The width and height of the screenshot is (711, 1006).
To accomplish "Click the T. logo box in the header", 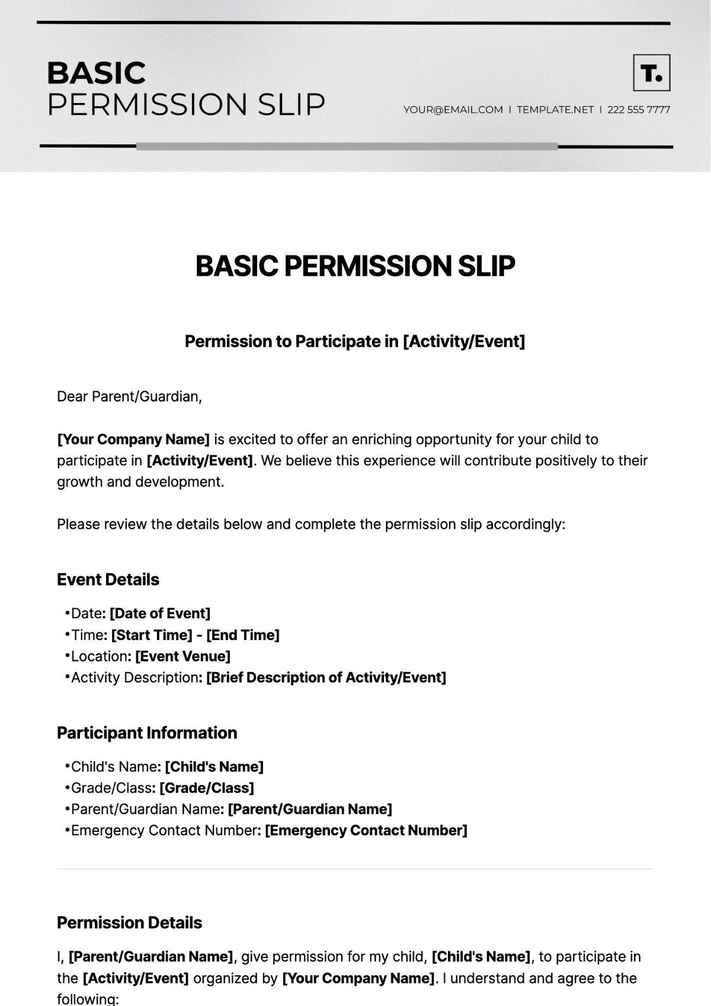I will pos(652,73).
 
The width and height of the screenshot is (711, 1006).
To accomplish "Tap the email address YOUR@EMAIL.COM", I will pos(453,110).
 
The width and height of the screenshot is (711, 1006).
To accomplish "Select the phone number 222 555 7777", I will pos(639,110).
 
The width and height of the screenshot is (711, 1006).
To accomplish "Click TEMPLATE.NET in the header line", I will pos(555,110).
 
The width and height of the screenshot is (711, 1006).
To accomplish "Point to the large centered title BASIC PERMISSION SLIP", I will pos(355,266).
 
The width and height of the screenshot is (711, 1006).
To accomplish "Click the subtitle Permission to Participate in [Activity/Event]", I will pos(355,341).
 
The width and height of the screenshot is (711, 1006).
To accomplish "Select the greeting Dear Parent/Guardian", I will pos(129,397).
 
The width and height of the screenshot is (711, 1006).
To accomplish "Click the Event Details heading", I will pos(108,579).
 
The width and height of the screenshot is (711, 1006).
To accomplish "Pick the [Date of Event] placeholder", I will pos(160,613).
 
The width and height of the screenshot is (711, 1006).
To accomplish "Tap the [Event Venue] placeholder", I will pos(183,656).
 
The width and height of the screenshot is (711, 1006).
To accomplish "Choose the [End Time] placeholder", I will pos(243,635).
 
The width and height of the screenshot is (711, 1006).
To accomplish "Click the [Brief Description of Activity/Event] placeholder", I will pos(326,677).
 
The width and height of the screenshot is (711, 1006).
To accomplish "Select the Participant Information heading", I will pos(146,732).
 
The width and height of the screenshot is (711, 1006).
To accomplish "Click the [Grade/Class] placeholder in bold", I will pos(207,788).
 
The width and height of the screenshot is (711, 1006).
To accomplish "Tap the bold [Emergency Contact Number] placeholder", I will pos(366,830).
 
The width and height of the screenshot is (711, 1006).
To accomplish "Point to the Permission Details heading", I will pos(129,923).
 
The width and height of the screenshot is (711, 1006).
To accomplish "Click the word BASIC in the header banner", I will pos(96,73).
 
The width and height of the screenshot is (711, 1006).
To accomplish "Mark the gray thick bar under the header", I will pos(347,146).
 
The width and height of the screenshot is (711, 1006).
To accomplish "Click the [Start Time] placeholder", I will pos(152,635).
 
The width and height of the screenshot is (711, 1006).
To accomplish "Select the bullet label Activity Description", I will pos(134,677).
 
